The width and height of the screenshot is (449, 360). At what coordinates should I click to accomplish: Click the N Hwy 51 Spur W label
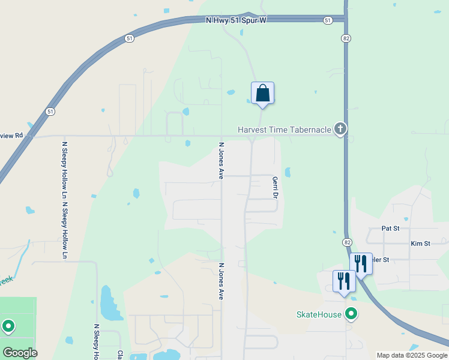(x=236, y=20)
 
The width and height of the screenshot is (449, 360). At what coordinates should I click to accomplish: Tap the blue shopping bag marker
(x=262, y=93)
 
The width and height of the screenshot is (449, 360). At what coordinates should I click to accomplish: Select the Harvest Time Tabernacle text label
(x=285, y=130)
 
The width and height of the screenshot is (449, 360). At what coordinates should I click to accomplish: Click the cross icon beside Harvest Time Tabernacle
(x=340, y=128)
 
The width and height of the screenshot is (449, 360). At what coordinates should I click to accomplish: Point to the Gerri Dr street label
(x=276, y=188)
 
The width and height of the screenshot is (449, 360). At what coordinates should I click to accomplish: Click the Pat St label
(x=390, y=229)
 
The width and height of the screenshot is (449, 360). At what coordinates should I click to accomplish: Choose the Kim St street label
(x=420, y=244)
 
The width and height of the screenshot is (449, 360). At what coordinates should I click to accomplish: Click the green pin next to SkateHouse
(x=351, y=314)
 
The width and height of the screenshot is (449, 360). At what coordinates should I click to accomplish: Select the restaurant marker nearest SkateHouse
(x=344, y=281)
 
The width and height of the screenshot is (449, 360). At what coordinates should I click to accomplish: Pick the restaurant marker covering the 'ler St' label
(x=361, y=263)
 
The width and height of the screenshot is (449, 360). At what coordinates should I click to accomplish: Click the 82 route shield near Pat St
(x=348, y=241)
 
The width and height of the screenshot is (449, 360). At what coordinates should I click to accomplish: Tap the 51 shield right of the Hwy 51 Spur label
(x=327, y=20)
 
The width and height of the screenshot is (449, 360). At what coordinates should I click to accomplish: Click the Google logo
(x=20, y=353)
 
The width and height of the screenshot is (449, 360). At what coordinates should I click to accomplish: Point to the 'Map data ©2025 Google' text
(x=412, y=355)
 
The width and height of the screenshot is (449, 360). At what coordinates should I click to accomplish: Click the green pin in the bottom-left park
(x=8, y=326)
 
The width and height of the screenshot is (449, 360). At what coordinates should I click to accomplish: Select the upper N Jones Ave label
(x=221, y=161)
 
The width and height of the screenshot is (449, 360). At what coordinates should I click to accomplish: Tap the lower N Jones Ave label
(x=221, y=281)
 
